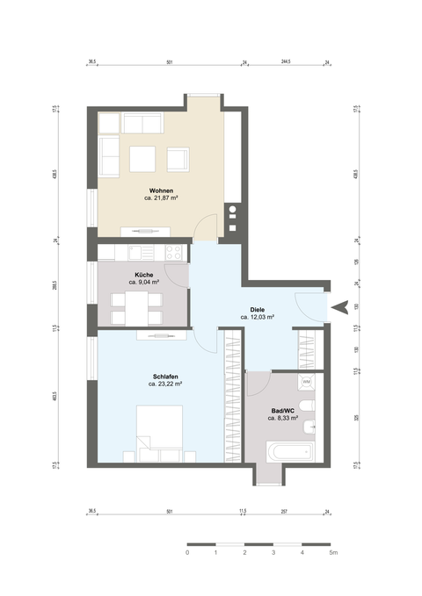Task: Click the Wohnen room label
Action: point(161,191)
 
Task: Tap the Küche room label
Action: point(143,275)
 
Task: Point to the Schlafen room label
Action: point(164,376)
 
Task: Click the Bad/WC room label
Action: point(283,411)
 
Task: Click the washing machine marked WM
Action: point(307,382)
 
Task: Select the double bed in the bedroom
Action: point(159,432)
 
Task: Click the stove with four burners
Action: point(174,253)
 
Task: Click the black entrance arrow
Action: point(343,305)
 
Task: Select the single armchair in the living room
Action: point(178,159)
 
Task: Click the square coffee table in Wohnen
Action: point(142,159)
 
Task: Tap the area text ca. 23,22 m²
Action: point(164,384)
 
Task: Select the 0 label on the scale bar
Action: point(187,554)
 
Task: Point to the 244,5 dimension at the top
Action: point(286,63)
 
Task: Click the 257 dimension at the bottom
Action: point(284,511)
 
